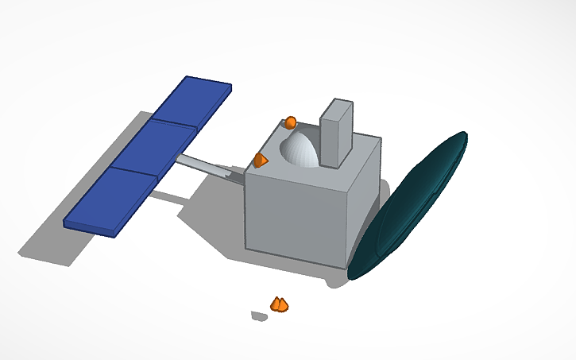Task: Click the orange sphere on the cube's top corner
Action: point(291,122)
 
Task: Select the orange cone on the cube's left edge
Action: point(260,161)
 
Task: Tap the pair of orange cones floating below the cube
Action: point(279,304)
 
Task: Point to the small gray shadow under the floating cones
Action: point(258,316)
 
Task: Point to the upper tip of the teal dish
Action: point(462,137)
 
